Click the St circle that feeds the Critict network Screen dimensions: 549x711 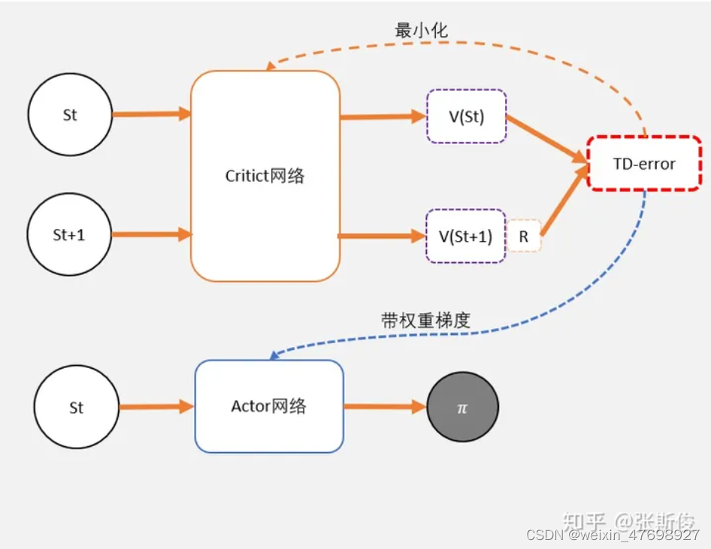click(70, 116)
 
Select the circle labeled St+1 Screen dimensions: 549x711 click(69, 234)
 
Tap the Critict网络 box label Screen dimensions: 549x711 click(265, 176)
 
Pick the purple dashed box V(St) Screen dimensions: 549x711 click(466, 116)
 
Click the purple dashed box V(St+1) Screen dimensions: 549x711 click(466, 236)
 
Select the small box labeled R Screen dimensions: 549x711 click(524, 237)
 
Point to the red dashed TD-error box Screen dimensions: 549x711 click(644, 163)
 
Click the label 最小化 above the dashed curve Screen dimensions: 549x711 click(422, 31)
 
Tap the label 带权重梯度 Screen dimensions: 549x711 click(425, 320)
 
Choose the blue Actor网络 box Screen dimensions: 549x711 click(269, 406)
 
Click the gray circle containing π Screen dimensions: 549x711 click(462, 407)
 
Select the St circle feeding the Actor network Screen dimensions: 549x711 click(76, 408)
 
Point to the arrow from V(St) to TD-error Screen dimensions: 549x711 click(546, 139)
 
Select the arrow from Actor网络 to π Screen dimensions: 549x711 click(384, 407)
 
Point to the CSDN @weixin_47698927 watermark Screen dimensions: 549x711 click(613, 535)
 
